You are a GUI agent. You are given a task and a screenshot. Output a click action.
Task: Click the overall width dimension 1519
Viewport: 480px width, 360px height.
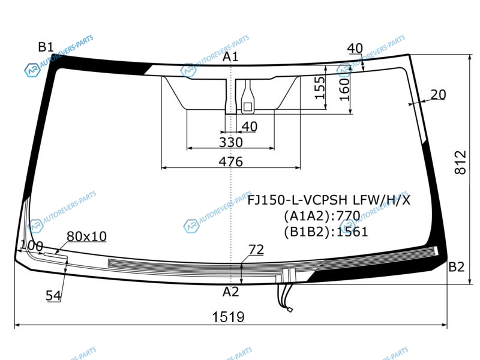(x=229, y=317)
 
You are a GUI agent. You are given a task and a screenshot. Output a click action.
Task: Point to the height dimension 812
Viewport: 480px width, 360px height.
(x=460, y=162)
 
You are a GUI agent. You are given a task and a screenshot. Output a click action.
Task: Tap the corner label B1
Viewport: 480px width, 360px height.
(x=46, y=47)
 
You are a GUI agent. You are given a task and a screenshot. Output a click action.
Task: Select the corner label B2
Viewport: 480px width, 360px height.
(x=457, y=267)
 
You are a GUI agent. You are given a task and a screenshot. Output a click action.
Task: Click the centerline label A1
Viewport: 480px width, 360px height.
(x=230, y=56)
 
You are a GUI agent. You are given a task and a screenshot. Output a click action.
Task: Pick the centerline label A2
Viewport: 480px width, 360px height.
(x=230, y=292)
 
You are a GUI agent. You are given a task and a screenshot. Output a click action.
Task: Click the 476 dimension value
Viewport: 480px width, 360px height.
(x=231, y=161)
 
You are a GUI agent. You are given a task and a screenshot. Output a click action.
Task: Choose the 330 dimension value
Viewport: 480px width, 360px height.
(x=231, y=142)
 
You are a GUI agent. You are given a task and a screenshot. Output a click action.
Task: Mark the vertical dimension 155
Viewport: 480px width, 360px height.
(x=320, y=88)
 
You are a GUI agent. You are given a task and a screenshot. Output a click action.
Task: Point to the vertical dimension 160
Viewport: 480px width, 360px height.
(x=344, y=89)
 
